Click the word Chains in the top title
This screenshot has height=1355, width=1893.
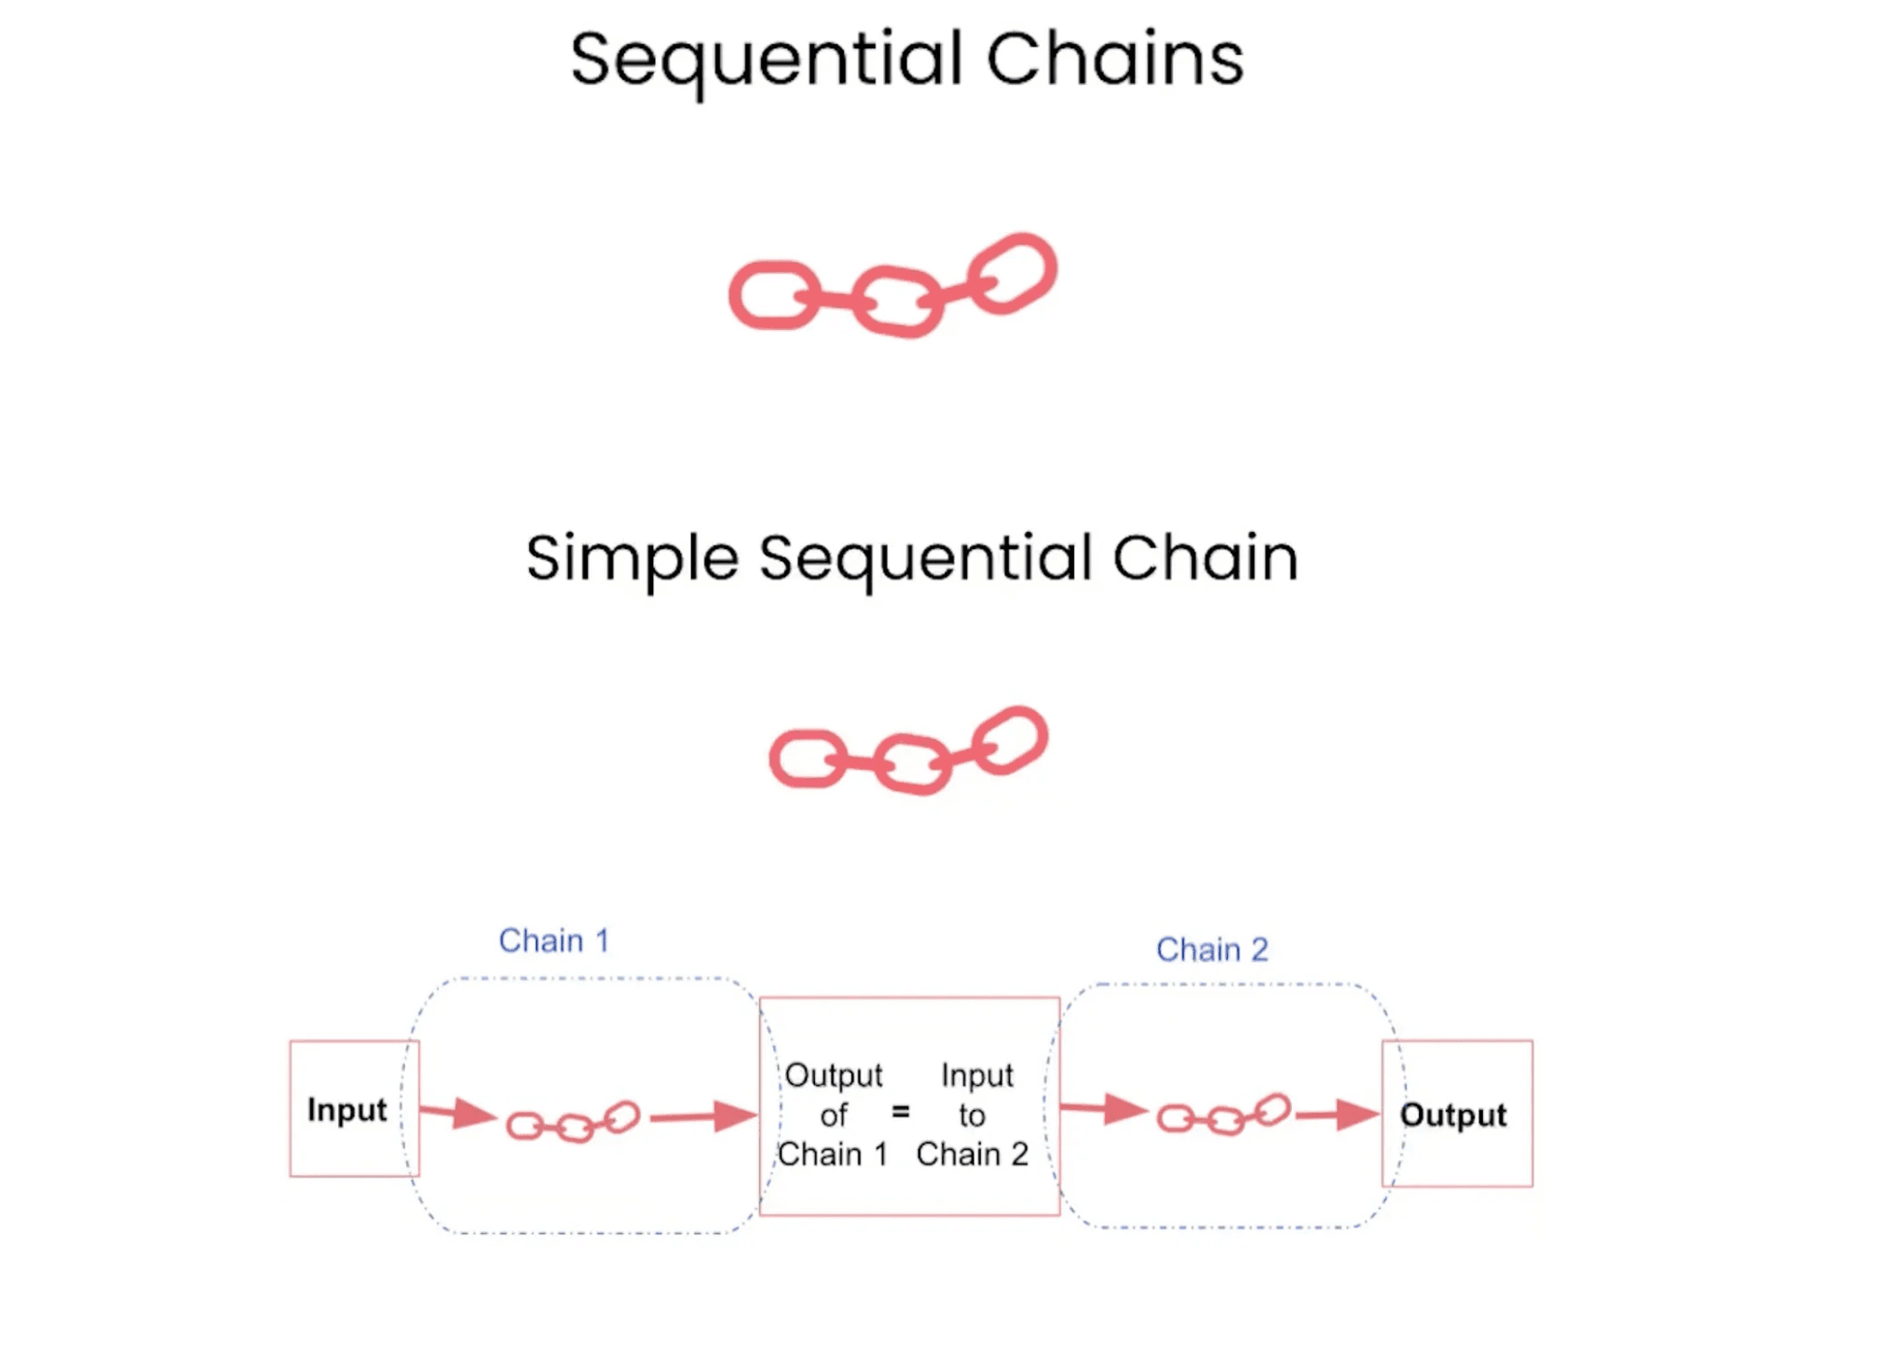1114,59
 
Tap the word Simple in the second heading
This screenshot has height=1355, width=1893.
632,558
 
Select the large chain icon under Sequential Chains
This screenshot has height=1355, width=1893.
892,285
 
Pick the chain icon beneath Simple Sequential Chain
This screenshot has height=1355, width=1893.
908,751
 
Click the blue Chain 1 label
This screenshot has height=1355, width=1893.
554,941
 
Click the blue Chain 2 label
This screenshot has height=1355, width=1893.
1212,950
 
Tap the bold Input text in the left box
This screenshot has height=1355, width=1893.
347,1110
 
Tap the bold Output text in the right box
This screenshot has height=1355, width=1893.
1452,1115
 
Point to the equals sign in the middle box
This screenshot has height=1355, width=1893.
900,1112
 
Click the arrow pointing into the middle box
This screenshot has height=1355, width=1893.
703,1115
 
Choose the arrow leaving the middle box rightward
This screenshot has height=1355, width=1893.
1104,1109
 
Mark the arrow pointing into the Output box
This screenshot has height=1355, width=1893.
1337,1115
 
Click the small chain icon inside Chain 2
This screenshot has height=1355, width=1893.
1223,1115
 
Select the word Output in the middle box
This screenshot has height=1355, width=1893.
833,1075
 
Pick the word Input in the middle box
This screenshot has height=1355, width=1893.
976,1075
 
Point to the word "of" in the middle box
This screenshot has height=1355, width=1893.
833,1115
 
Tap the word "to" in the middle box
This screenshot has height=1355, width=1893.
972,1115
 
